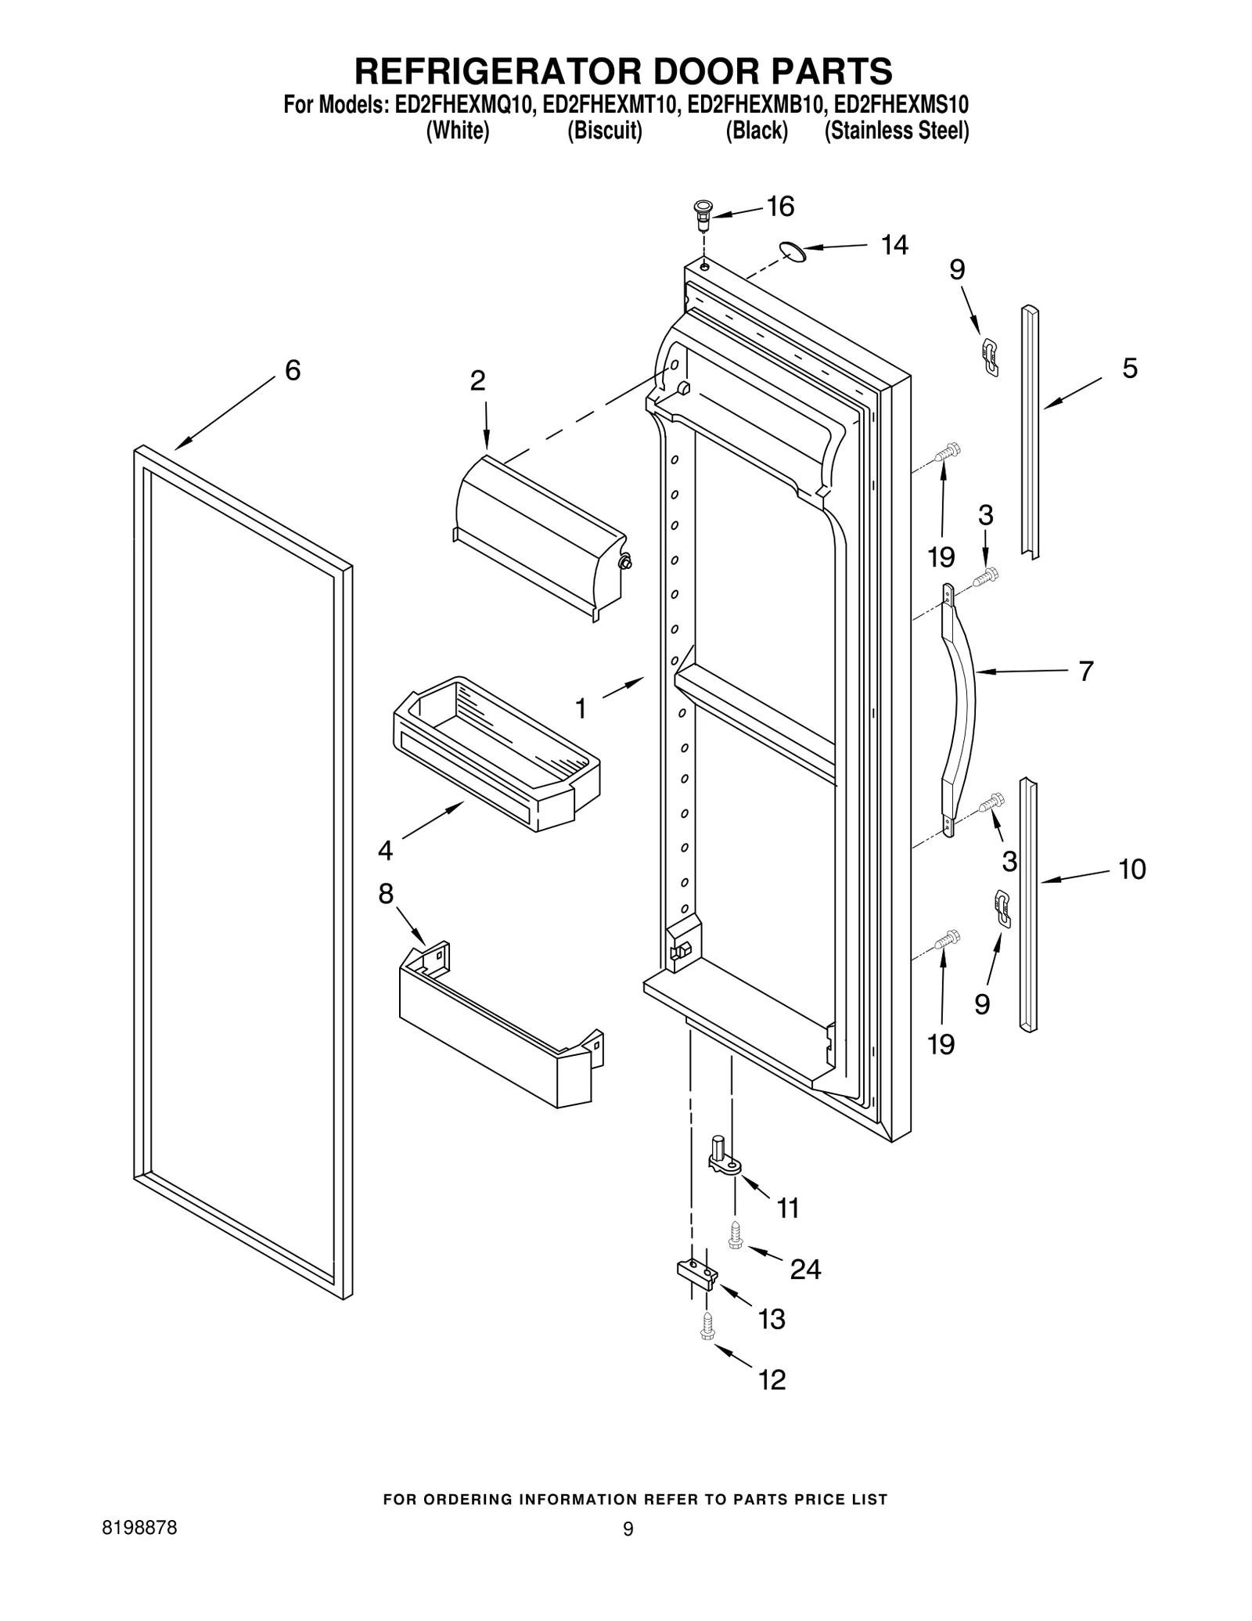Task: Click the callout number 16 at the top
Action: point(779,207)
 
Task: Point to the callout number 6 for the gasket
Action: point(292,370)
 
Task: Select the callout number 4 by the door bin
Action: point(385,850)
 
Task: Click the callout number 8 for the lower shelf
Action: point(385,894)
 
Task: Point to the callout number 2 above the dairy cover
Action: point(477,381)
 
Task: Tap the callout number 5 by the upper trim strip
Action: point(1129,368)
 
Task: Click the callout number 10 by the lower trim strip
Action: point(1131,869)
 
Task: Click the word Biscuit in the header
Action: point(604,131)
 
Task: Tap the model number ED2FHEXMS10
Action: point(901,104)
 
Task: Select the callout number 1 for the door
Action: point(580,708)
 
